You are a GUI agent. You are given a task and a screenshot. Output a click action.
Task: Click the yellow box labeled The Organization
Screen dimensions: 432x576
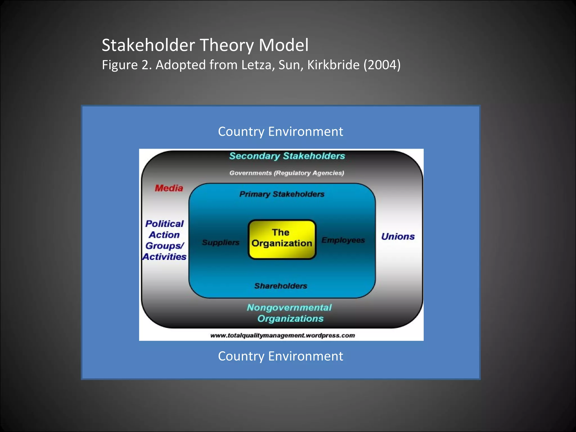[282, 239]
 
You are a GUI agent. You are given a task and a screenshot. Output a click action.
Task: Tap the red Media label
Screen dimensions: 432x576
[169, 188]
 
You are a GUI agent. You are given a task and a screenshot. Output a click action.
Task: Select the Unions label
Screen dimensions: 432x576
[398, 237]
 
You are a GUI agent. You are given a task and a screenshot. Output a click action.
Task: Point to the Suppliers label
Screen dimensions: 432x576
[220, 242]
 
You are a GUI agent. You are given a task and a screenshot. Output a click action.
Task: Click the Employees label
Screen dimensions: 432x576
[343, 240]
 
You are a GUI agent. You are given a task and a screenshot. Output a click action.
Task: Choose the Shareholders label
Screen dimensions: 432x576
[281, 286]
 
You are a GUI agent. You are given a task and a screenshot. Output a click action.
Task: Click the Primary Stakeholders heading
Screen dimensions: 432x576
[282, 194]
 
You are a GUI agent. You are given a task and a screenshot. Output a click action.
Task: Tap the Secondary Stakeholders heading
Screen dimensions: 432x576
[287, 156]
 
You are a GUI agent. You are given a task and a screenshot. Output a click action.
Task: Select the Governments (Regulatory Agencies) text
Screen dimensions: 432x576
[287, 173]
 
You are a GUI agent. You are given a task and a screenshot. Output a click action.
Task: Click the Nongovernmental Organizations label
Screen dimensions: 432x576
[290, 313]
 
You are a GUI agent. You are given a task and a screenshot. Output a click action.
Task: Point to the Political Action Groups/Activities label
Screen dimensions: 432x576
[165, 240]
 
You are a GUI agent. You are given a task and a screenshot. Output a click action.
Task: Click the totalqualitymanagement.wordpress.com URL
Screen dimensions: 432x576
[282, 335]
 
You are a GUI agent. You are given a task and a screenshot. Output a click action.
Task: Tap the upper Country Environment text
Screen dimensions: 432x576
[280, 132]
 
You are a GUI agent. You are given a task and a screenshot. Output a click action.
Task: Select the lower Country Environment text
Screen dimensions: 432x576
[280, 356]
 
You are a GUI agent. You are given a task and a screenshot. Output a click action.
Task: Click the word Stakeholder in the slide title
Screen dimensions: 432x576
[148, 45]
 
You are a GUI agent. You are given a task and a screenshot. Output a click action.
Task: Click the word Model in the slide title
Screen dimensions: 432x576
[283, 45]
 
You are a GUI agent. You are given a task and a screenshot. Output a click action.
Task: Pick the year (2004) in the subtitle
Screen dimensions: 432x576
[382, 65]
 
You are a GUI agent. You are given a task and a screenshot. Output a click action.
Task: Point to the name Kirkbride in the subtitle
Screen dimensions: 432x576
[333, 65]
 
